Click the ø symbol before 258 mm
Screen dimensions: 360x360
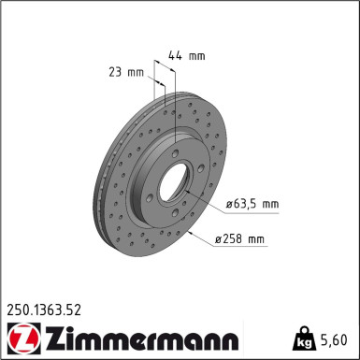[218, 240]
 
